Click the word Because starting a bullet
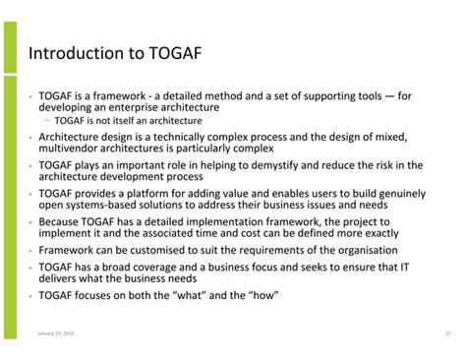tap(60, 222)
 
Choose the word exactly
tap(379, 234)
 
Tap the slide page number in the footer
tap(447, 333)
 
